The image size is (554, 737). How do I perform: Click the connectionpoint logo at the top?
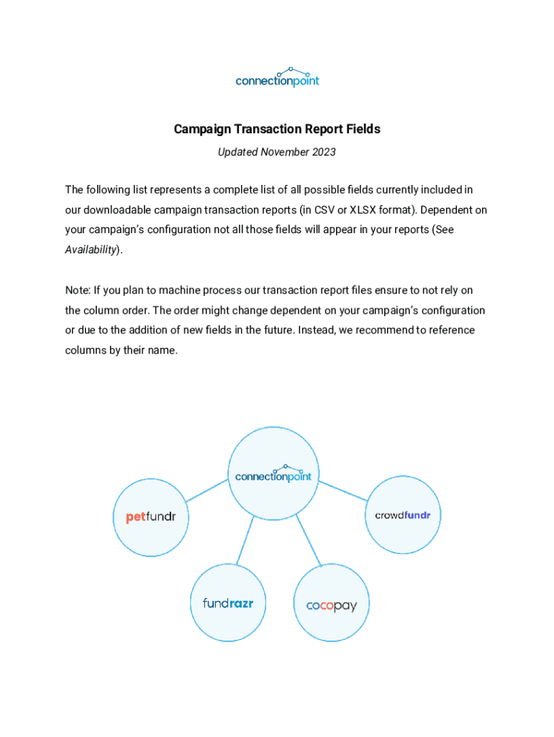coord(277,76)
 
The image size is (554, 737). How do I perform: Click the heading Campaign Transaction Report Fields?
coord(277,130)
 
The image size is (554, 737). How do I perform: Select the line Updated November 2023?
coord(277,153)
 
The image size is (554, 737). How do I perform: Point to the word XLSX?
coord(363,210)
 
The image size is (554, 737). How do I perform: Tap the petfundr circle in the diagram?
coord(151,517)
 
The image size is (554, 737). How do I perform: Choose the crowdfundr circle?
coord(403,515)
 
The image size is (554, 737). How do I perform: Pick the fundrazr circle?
coord(227,603)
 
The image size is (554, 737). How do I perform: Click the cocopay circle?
coord(332,605)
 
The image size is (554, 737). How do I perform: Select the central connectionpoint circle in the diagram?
coord(273,474)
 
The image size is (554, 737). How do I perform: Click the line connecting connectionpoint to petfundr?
coord(206,490)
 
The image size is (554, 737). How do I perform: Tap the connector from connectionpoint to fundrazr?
coord(245,540)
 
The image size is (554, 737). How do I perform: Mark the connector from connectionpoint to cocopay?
coord(307,541)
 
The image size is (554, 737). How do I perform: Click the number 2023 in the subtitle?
coord(323,153)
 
